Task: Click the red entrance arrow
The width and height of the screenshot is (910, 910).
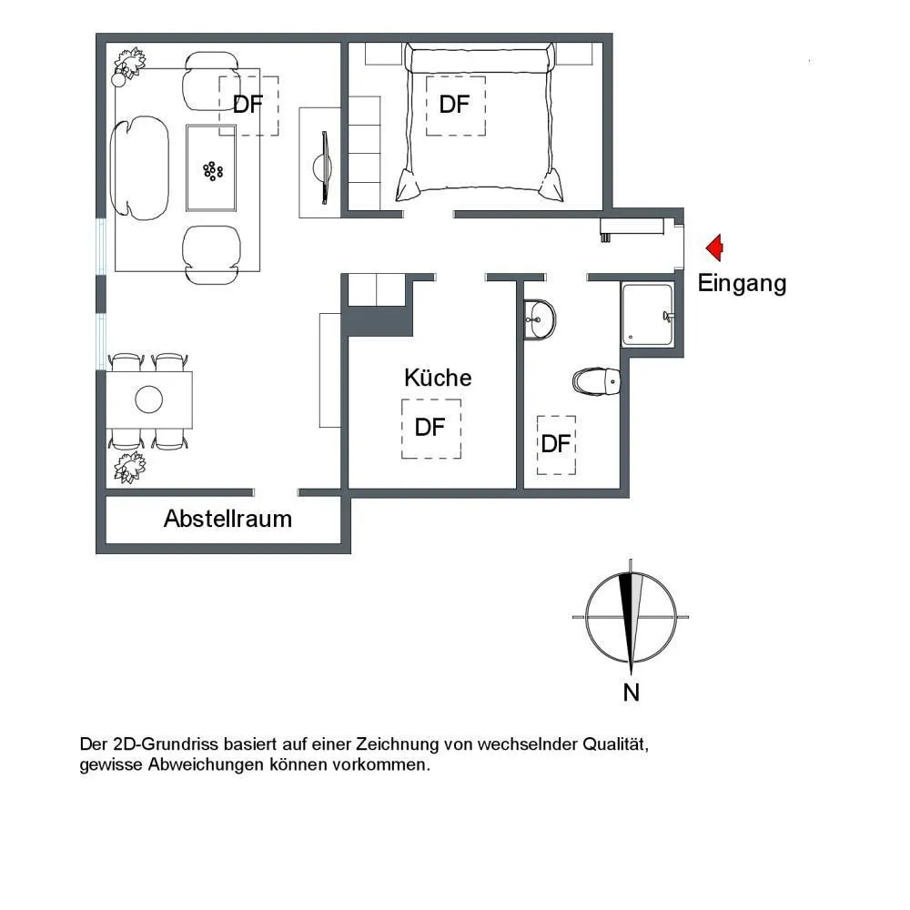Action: click(x=714, y=248)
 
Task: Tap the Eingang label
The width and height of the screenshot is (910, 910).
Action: click(x=742, y=284)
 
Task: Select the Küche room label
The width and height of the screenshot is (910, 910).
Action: click(x=438, y=378)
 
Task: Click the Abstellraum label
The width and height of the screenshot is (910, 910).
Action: click(x=227, y=519)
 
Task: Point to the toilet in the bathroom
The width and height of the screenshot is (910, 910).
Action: click(x=596, y=381)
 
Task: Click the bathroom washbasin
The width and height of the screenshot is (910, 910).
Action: click(x=540, y=319)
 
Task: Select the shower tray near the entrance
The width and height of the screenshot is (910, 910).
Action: click(x=648, y=314)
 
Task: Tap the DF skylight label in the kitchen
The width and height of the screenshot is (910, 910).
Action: click(x=430, y=428)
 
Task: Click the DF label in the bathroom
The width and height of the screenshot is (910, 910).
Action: click(x=555, y=444)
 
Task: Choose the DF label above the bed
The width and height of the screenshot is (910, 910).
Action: click(x=454, y=105)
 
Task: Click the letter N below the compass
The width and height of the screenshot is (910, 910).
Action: click(x=631, y=693)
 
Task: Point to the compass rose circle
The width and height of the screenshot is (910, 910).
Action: click(x=586, y=617)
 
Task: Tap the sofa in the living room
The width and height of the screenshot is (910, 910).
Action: click(x=139, y=168)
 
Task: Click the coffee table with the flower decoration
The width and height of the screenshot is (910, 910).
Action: click(x=211, y=168)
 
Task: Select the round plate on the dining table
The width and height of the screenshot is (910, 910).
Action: click(x=148, y=399)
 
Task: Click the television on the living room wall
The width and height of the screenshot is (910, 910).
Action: click(x=323, y=167)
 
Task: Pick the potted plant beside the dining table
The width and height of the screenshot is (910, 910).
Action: click(x=129, y=468)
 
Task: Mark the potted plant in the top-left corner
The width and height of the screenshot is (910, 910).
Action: click(x=129, y=65)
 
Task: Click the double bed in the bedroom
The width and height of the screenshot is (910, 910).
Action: click(x=480, y=123)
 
